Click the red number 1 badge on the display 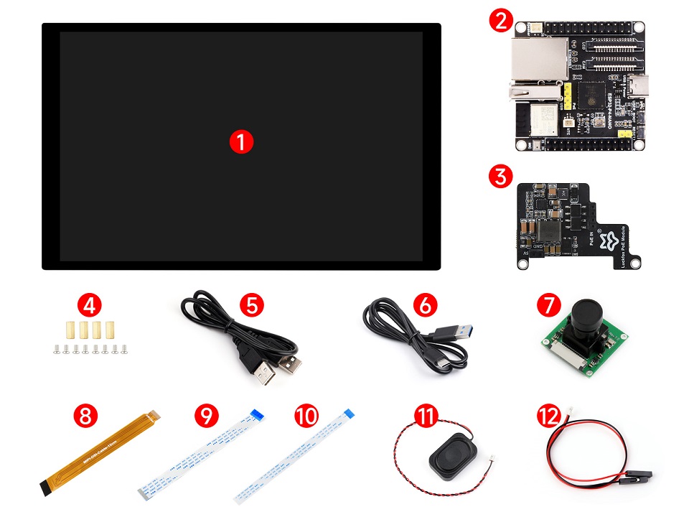[x=241, y=141]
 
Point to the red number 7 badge [x=548, y=305]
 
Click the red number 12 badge [x=548, y=416]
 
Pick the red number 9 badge [x=205, y=416]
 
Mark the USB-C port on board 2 [x=637, y=87]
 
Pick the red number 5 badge [x=251, y=305]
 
